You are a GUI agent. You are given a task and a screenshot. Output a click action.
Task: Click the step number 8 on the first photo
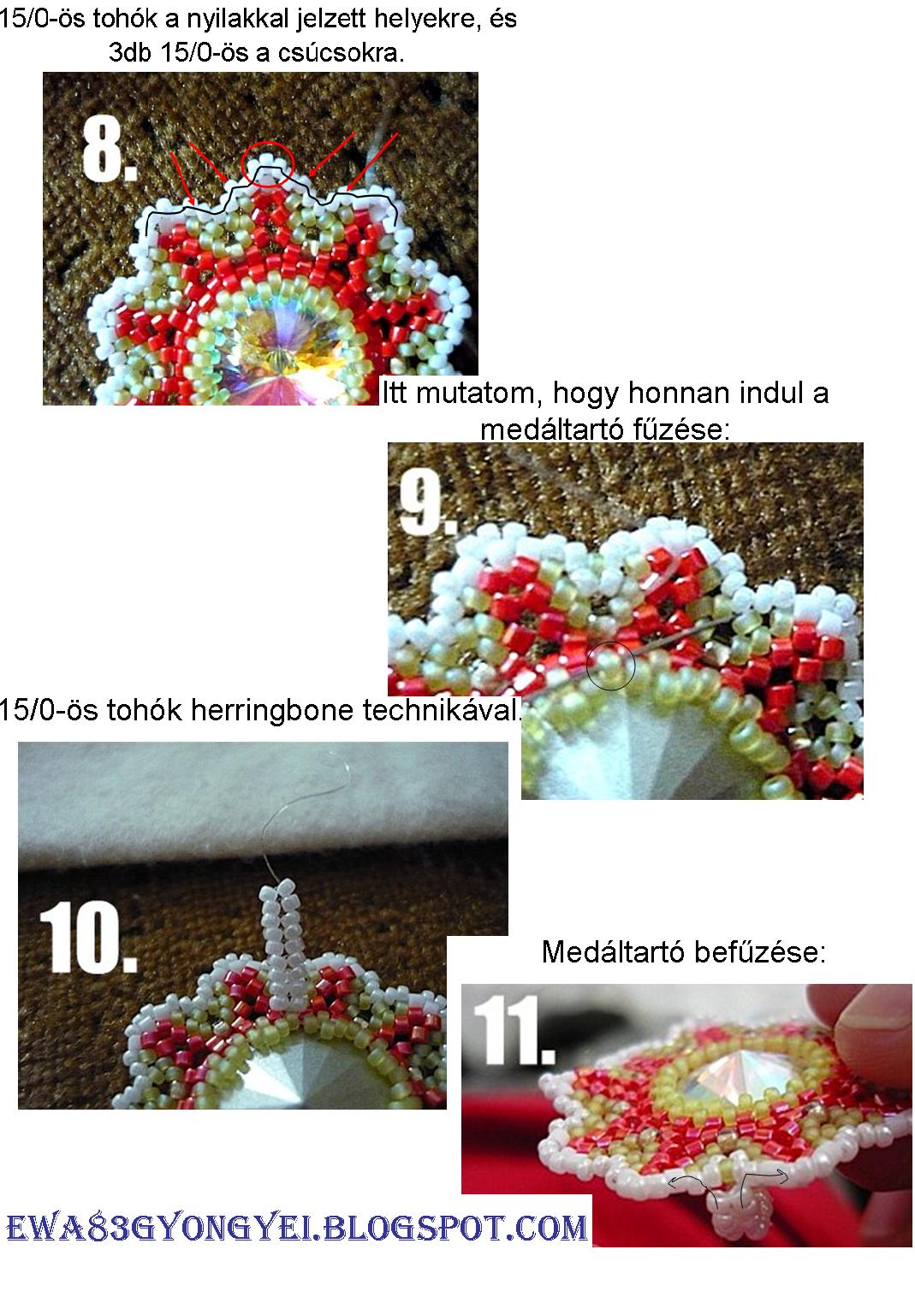tap(110, 151)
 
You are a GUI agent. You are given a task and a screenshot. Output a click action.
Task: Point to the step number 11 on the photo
tap(514, 1030)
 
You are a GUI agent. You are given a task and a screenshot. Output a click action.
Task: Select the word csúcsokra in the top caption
tap(341, 53)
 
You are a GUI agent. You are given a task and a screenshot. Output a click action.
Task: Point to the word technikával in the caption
tap(441, 709)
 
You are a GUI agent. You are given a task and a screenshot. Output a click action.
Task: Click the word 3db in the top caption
tap(130, 53)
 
